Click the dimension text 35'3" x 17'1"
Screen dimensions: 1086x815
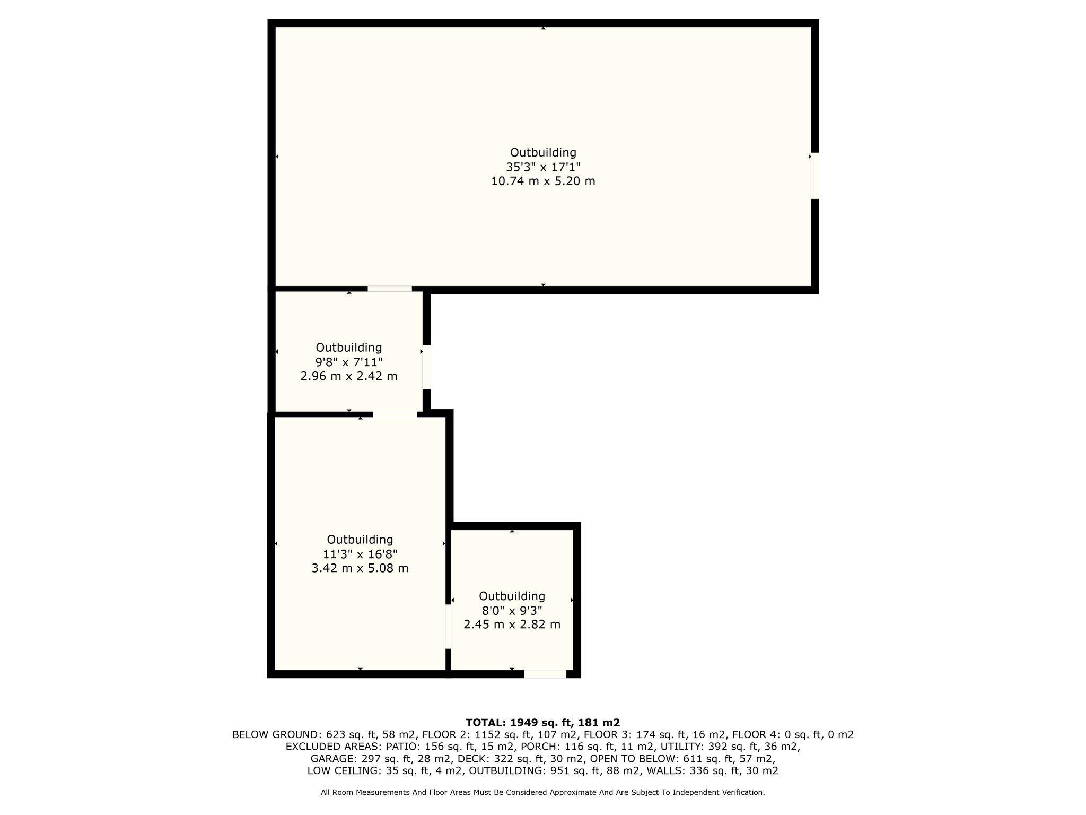click(x=543, y=167)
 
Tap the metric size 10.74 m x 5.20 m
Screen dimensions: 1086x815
click(x=543, y=181)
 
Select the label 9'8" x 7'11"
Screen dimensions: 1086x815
click(x=349, y=362)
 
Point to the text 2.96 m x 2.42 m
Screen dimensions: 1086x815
click(x=349, y=376)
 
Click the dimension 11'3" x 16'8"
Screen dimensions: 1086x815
click(x=360, y=554)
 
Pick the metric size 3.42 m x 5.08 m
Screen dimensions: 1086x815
click(x=360, y=568)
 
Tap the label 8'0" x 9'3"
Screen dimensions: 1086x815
click(x=512, y=610)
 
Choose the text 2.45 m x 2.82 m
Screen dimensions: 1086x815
click(x=512, y=625)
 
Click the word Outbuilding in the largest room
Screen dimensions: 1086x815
click(x=543, y=153)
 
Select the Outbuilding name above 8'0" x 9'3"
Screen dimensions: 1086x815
click(x=512, y=596)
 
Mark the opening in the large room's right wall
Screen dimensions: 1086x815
click(x=815, y=176)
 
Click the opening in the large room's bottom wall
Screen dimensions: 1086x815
click(x=390, y=289)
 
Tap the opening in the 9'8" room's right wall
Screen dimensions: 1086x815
click(x=426, y=367)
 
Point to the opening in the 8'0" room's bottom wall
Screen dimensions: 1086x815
click(x=545, y=674)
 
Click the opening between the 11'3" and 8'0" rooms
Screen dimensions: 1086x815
click(x=448, y=627)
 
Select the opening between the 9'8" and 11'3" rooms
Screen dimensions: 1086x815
click(x=395, y=414)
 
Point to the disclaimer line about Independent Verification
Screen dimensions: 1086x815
click(x=543, y=792)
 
